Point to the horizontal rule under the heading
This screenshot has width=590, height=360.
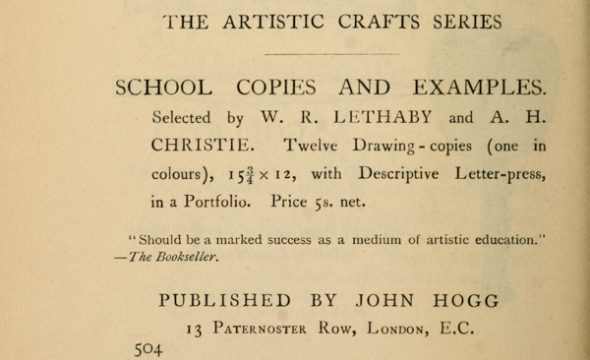pyautogui.click(x=332, y=53)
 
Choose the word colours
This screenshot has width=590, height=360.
pyautogui.click(x=181, y=176)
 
